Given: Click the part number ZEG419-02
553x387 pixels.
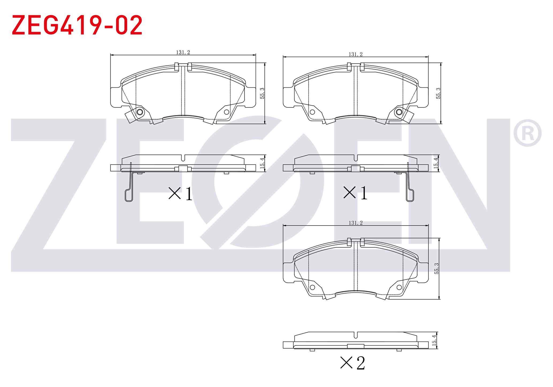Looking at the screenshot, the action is click(x=77, y=25).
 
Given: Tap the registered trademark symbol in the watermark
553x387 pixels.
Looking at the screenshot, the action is click(x=527, y=133).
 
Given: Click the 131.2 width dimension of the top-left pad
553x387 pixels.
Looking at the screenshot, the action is click(x=183, y=52).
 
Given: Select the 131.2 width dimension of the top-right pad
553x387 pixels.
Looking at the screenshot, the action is click(x=355, y=54).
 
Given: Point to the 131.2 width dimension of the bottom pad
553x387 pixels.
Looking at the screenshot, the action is click(x=355, y=223).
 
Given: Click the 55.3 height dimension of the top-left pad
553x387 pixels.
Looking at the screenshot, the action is click(x=262, y=93).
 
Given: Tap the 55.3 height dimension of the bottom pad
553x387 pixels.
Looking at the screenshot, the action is click(x=436, y=269).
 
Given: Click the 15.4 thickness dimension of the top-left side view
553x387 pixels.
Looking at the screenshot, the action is click(x=262, y=162).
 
